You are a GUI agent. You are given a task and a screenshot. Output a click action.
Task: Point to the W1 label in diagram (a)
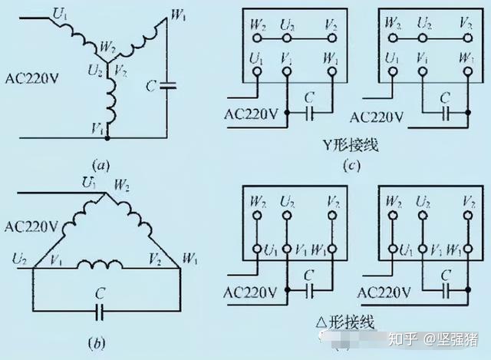pyautogui.click(x=178, y=14)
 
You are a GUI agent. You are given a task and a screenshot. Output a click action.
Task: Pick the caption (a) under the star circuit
pyautogui.click(x=101, y=164)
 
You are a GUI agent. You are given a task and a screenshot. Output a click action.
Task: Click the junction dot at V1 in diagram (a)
pyautogui.click(x=107, y=138)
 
